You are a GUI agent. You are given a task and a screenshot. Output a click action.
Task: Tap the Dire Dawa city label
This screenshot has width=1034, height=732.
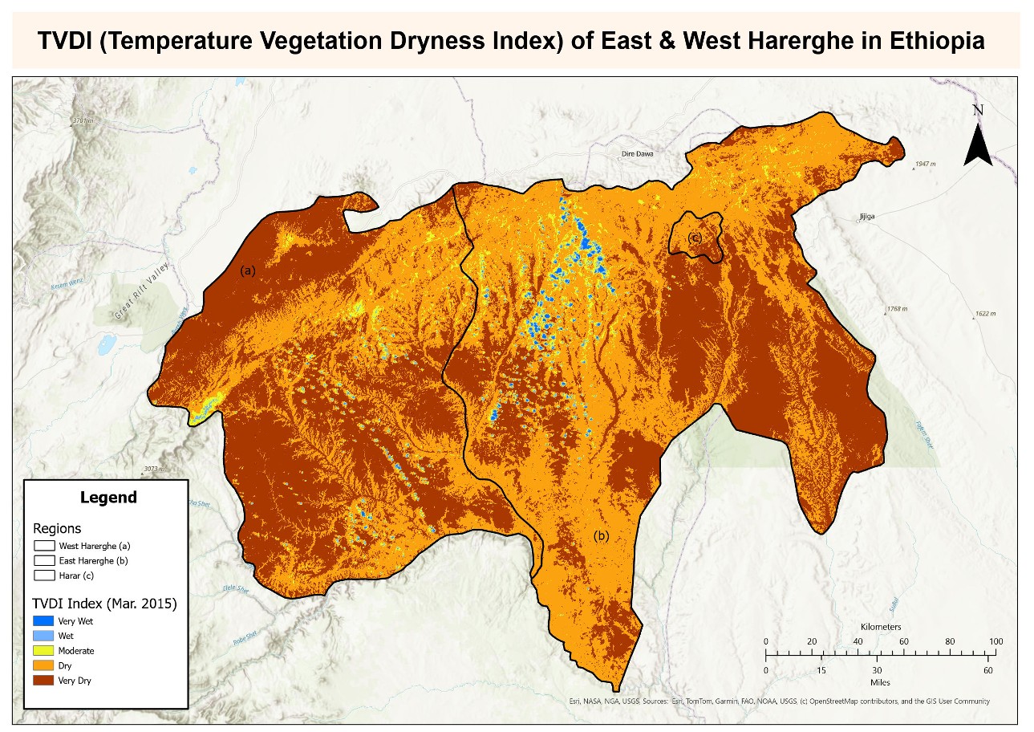click(639, 152)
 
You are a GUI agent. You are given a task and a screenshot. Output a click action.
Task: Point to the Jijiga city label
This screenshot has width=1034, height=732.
click(866, 216)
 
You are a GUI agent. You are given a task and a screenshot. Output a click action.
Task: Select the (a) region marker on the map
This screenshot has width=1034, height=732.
click(248, 271)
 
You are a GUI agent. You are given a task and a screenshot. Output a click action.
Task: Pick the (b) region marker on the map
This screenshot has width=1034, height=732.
click(602, 535)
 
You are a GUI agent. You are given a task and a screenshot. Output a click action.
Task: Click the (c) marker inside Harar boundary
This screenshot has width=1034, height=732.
click(695, 237)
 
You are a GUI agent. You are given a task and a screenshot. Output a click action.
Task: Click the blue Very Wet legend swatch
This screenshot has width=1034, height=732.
click(44, 620)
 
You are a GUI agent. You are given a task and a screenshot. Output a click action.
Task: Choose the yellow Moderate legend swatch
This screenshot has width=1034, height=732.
click(44, 650)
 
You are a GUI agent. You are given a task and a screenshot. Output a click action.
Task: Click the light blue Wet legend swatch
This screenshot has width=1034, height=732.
click(44, 635)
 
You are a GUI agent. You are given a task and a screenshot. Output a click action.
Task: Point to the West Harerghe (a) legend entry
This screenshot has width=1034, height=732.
click(88, 545)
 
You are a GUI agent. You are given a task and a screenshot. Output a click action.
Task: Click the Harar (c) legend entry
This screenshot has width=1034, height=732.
click(77, 575)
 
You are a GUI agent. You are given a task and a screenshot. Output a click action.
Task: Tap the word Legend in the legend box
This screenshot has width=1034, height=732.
click(108, 498)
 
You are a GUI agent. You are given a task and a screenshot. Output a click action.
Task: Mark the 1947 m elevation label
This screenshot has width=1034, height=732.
click(928, 164)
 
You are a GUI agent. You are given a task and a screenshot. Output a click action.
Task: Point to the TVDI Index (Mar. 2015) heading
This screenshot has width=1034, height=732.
click(104, 602)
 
